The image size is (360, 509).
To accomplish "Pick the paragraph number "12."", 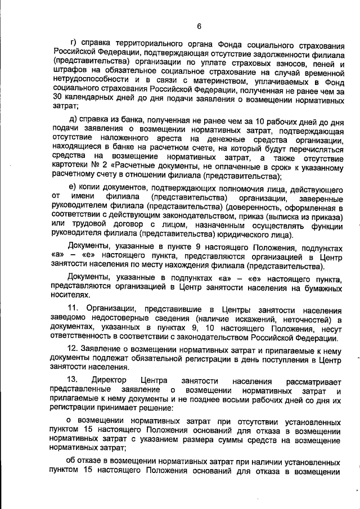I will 74,349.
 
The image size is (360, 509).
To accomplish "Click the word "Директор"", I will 112,381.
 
